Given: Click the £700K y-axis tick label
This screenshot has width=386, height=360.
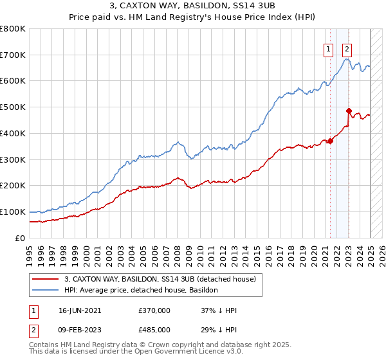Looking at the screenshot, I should pyautogui.click(x=13, y=55).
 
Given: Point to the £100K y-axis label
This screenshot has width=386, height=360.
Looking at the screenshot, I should pyautogui.click(x=13, y=212).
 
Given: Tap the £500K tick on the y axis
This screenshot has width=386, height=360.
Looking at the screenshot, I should pyautogui.click(x=13, y=107).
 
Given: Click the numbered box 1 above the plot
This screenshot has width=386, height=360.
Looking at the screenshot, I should pyautogui.click(x=328, y=50).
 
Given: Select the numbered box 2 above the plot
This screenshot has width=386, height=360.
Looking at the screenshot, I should pyautogui.click(x=347, y=50).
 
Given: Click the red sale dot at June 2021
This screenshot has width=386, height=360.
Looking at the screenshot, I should pyautogui.click(x=330, y=141).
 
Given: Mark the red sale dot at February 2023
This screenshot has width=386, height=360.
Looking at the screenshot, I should pyautogui.click(x=349, y=111).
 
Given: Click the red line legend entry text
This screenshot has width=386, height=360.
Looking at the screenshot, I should pyautogui.click(x=160, y=279).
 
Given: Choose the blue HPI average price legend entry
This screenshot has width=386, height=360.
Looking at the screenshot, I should pyautogui.click(x=141, y=290).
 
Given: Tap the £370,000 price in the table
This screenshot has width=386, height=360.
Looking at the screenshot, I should pyautogui.click(x=154, y=310).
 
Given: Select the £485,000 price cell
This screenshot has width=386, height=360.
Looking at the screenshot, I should pyautogui.click(x=154, y=329).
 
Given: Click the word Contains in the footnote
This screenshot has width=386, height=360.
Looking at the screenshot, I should pyautogui.click(x=45, y=346).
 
